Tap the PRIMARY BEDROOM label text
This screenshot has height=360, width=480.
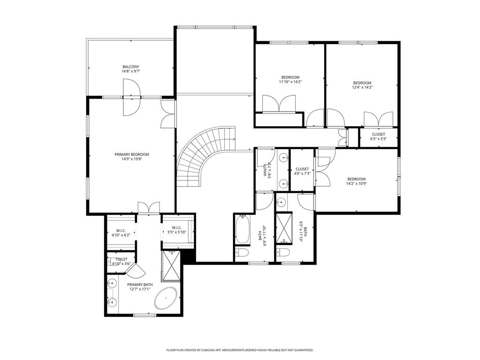click(132, 155)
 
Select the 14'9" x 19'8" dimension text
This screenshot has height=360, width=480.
click(132, 159)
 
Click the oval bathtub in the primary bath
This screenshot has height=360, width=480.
click(166, 298)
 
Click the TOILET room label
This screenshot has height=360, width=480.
click(121, 259)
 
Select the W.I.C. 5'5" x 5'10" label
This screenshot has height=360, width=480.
click(177, 230)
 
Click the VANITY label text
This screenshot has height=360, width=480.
click(265, 171)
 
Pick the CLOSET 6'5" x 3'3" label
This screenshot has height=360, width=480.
click(378, 136)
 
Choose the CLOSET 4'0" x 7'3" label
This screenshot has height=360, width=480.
click(302, 171)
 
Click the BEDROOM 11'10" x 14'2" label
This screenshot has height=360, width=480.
click(290, 80)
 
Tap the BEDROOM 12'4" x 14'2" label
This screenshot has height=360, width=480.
click(362, 85)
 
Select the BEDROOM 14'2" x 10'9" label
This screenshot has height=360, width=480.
click(356, 181)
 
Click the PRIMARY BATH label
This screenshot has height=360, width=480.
click(140, 287)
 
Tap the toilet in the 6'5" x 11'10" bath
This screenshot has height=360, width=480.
click(283, 252)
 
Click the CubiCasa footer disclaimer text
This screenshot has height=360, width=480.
click(240, 350)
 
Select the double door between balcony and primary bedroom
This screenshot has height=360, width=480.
click(132, 97)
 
